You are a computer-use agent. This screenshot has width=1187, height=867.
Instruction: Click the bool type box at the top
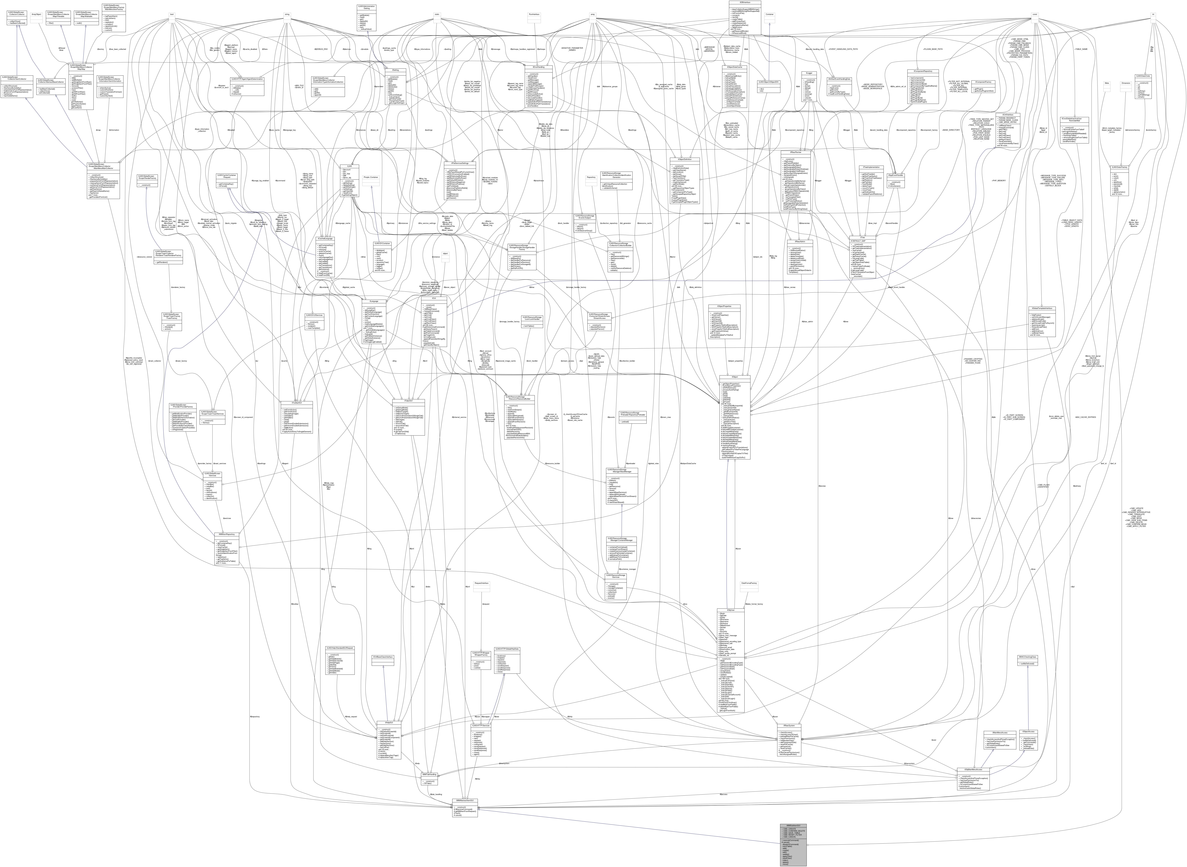coord(172,14)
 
